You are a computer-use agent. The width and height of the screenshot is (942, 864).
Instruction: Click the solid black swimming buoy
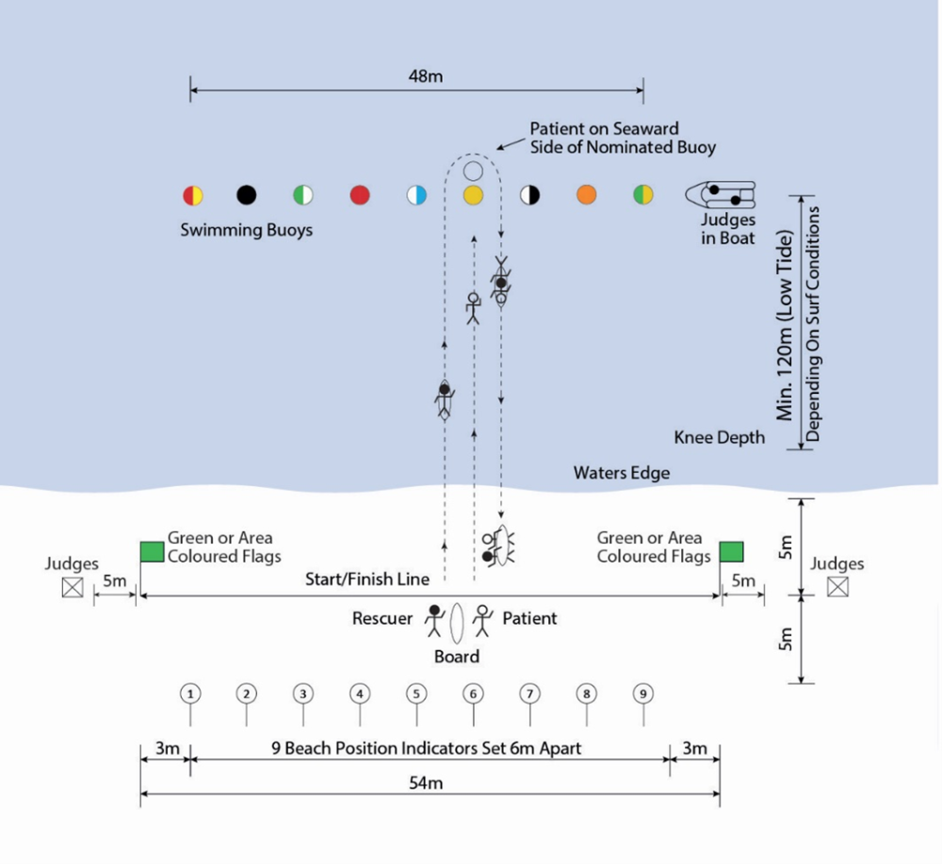(246, 195)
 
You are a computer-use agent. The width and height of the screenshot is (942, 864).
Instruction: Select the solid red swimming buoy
(360, 195)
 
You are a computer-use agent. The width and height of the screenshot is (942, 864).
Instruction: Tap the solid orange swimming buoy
(586, 195)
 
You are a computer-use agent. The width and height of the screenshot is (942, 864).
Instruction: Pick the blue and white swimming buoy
(416, 195)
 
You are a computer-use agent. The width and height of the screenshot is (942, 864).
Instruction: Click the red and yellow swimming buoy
(192, 195)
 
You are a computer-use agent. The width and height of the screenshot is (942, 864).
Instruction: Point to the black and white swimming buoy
(530, 195)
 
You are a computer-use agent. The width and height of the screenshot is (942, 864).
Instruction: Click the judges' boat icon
(722, 195)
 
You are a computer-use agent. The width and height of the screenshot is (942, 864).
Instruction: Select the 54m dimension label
(428, 783)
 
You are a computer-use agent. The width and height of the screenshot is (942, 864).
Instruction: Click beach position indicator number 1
(190, 694)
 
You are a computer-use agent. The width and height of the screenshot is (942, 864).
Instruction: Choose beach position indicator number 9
(642, 694)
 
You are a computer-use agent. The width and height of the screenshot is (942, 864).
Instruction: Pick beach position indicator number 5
(416, 694)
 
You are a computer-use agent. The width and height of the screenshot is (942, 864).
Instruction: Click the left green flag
(152, 551)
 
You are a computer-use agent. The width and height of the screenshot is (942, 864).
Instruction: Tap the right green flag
(732, 551)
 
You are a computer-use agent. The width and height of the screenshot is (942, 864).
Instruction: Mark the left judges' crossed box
(72, 587)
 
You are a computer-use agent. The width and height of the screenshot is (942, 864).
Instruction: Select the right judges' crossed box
(836, 587)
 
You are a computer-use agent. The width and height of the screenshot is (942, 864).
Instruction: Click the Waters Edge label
(622, 473)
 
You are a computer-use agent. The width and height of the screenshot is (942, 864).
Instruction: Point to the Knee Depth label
(719, 437)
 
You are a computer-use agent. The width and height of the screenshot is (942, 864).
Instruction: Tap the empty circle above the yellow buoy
(473, 171)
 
